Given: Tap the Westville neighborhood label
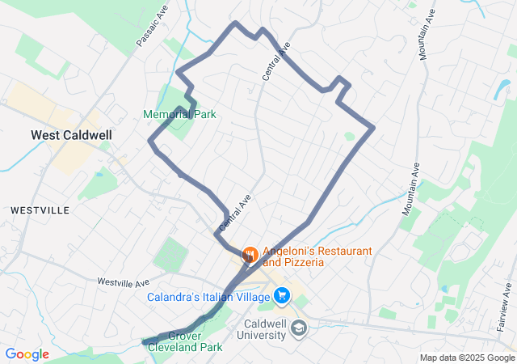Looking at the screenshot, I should (40, 210).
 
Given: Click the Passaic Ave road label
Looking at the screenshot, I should (149, 29).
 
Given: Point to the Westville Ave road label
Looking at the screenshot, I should (124, 282).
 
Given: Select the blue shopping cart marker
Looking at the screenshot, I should (282, 297).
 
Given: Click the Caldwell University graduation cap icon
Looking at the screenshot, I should (298, 327).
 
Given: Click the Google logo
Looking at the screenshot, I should (27, 354).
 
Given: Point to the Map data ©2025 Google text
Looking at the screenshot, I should (467, 358).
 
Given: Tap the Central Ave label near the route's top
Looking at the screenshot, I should (275, 61).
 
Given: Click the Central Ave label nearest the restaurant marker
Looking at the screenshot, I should (230, 212).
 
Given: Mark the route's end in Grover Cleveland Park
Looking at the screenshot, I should (145, 342).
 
